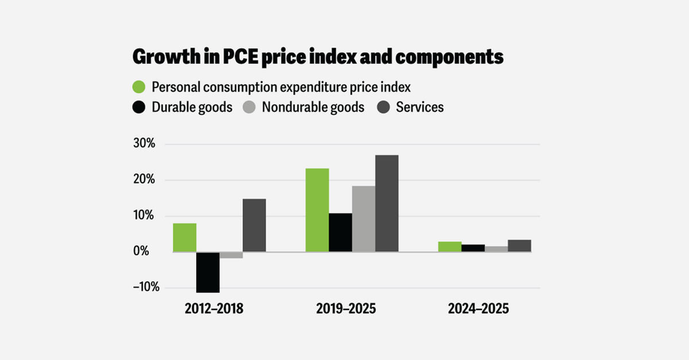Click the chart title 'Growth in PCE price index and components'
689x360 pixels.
click(318, 58)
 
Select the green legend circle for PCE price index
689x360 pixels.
click(140, 87)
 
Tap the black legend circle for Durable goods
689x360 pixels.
click(140, 107)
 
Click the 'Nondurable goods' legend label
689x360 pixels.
click(313, 107)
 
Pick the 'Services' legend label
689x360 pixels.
click(420, 107)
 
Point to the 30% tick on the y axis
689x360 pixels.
click(144, 144)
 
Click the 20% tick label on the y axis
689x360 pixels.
click(144, 180)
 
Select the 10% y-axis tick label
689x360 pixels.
click(144, 216)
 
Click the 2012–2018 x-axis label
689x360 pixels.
click(214, 309)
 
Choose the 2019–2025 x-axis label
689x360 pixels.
click(346, 309)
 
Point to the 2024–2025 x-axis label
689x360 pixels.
click(478, 309)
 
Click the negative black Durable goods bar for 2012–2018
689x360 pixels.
click(208, 272)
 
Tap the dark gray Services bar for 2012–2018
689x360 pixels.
click(254, 226)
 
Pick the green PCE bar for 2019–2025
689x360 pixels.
click(317, 210)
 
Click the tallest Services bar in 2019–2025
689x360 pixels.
click(386, 203)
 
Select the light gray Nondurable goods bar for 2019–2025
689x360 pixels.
click(363, 219)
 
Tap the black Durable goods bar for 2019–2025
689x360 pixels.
click(340, 233)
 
